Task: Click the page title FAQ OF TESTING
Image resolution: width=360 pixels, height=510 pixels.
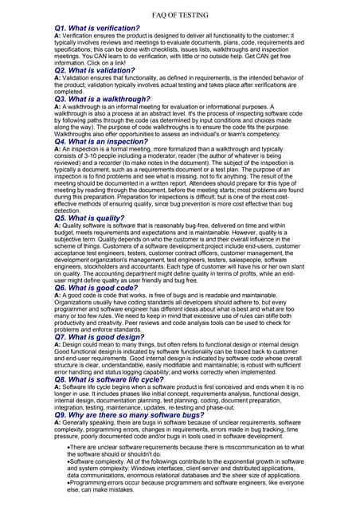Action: coord(180,15)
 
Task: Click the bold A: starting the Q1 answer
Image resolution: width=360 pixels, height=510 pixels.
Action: coord(57,37)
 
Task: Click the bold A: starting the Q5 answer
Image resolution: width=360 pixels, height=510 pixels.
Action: coord(57,225)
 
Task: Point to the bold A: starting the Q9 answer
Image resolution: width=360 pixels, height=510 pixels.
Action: coord(57,423)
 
